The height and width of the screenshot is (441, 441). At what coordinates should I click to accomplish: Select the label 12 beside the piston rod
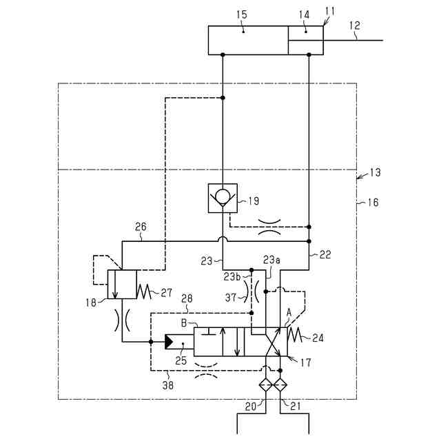[355, 25]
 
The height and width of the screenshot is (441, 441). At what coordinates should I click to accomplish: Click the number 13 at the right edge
[375, 172]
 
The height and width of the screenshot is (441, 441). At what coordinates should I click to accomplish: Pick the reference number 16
[372, 203]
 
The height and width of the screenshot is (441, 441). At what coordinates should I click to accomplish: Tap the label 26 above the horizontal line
[141, 225]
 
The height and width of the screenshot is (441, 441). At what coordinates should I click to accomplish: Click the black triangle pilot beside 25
[170, 341]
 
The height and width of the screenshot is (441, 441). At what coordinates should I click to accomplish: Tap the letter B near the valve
[184, 322]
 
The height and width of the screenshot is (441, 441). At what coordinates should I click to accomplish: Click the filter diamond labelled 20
[266, 385]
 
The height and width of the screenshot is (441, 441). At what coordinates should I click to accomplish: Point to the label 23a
[271, 260]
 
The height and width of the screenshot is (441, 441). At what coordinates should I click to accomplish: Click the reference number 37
[233, 297]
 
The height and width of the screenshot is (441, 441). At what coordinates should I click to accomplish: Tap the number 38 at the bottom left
[167, 386]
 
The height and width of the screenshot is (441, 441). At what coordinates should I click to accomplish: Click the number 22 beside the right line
[325, 254]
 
